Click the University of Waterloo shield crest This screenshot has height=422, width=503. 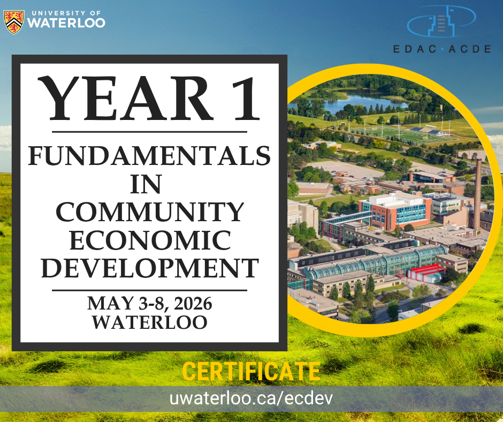(x=14, y=22)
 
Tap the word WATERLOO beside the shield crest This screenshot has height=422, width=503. (x=66, y=22)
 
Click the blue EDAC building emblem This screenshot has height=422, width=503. (x=441, y=21)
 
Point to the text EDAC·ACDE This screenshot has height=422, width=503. (x=442, y=49)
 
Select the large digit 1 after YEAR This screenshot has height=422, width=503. (x=246, y=99)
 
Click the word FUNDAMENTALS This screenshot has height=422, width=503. (x=149, y=156)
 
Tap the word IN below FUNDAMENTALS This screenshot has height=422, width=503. (x=146, y=184)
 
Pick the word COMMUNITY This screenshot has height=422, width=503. (x=150, y=212)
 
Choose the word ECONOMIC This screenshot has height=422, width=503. (x=150, y=240)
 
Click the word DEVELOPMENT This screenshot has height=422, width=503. (x=150, y=268)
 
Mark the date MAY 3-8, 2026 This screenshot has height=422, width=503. (x=149, y=304)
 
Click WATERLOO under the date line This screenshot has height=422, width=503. (x=150, y=322)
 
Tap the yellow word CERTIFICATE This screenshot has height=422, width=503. (x=251, y=371)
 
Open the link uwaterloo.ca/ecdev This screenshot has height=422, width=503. (x=251, y=398)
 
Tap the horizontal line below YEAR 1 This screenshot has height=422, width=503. (x=149, y=132)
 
